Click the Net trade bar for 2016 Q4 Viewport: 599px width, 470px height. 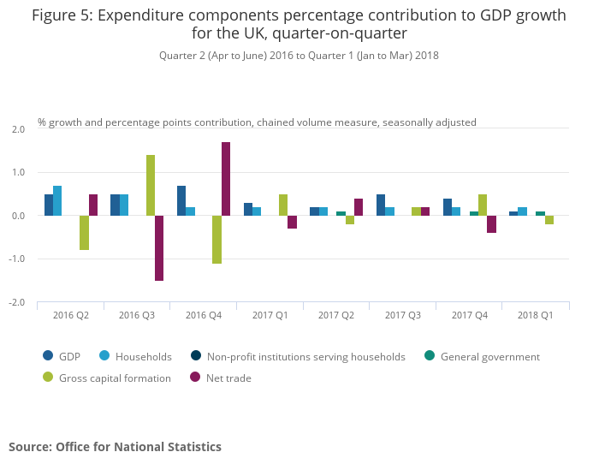tap(226, 179)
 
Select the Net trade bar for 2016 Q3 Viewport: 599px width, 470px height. tap(159, 248)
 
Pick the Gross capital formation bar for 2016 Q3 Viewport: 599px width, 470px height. tap(151, 186)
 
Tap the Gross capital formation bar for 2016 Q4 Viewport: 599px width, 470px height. tap(216, 240)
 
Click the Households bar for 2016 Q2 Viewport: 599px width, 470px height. tap(57, 201)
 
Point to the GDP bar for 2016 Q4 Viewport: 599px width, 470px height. tap(181, 201)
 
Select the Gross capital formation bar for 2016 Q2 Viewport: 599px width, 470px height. tap(84, 233)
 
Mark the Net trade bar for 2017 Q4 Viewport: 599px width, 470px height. tap(491, 224)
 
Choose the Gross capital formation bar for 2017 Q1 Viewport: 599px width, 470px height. tap(283, 205)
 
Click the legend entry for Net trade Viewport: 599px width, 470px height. tap(228, 378)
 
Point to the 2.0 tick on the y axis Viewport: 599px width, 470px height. tap(19, 129)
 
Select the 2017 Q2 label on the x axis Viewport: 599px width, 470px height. tap(336, 316)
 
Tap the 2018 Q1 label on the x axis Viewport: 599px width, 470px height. tap(535, 316)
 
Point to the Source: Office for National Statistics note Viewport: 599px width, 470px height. tap(115, 447)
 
